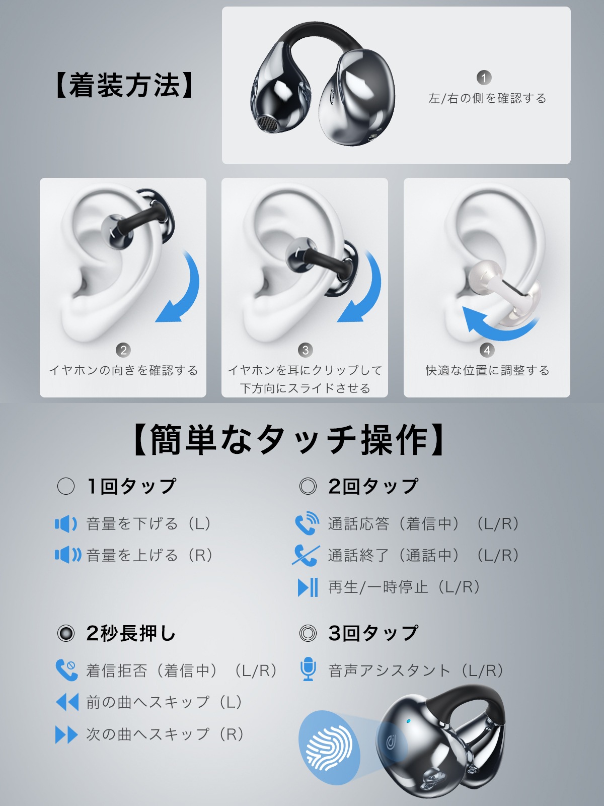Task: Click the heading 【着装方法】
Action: coord(124,85)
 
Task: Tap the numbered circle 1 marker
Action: coord(484,78)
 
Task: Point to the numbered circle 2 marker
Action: coord(123,350)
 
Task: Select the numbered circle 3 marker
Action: coord(305,350)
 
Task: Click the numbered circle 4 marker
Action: coord(487,350)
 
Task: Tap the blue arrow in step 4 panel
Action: coord(496,325)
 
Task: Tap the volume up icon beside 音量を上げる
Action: coord(67,555)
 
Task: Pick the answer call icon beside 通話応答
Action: coord(307,523)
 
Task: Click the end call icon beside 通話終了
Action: coord(306,555)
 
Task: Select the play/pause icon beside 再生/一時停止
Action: coord(308,587)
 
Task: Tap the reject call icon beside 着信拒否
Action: coord(66,670)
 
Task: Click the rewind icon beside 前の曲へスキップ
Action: coord(67,702)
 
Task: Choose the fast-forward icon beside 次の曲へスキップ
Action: coord(66,734)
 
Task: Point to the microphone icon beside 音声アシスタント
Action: coord(308,669)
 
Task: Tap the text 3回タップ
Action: coord(372,633)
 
